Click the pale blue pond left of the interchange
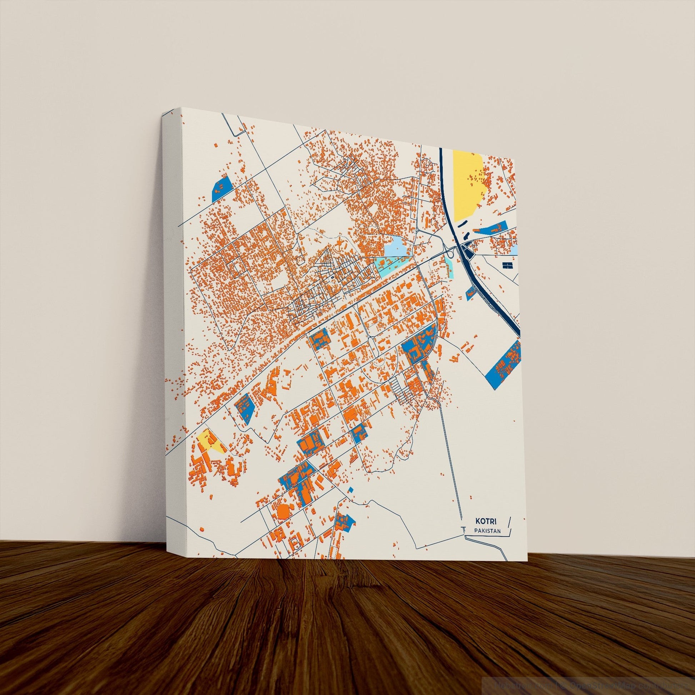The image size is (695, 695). (396, 248)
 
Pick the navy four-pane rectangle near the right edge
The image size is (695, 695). (506, 265)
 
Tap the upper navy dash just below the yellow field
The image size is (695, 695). (461, 224)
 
